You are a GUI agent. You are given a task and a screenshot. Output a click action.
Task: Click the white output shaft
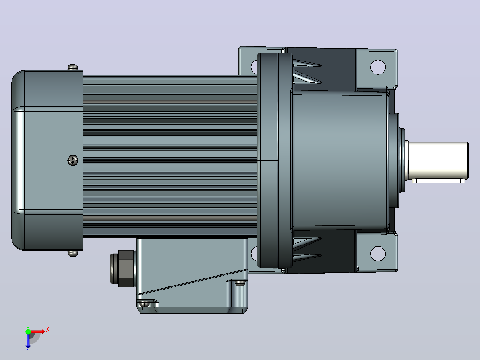tap(437, 160)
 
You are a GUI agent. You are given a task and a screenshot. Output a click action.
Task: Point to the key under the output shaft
tap(438, 181)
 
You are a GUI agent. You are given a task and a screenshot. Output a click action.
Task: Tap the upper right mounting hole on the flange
tap(378, 67)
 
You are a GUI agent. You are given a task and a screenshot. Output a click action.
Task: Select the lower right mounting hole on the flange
tap(378, 254)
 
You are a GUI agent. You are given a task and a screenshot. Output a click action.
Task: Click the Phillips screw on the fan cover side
tap(73, 160)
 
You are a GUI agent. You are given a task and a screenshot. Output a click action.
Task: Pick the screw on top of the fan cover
tap(73, 67)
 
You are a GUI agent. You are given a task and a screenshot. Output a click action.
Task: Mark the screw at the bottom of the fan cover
tap(73, 253)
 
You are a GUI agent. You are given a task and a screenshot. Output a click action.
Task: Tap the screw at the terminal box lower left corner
tap(144, 303)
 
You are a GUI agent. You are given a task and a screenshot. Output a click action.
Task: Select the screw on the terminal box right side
tap(240, 283)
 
